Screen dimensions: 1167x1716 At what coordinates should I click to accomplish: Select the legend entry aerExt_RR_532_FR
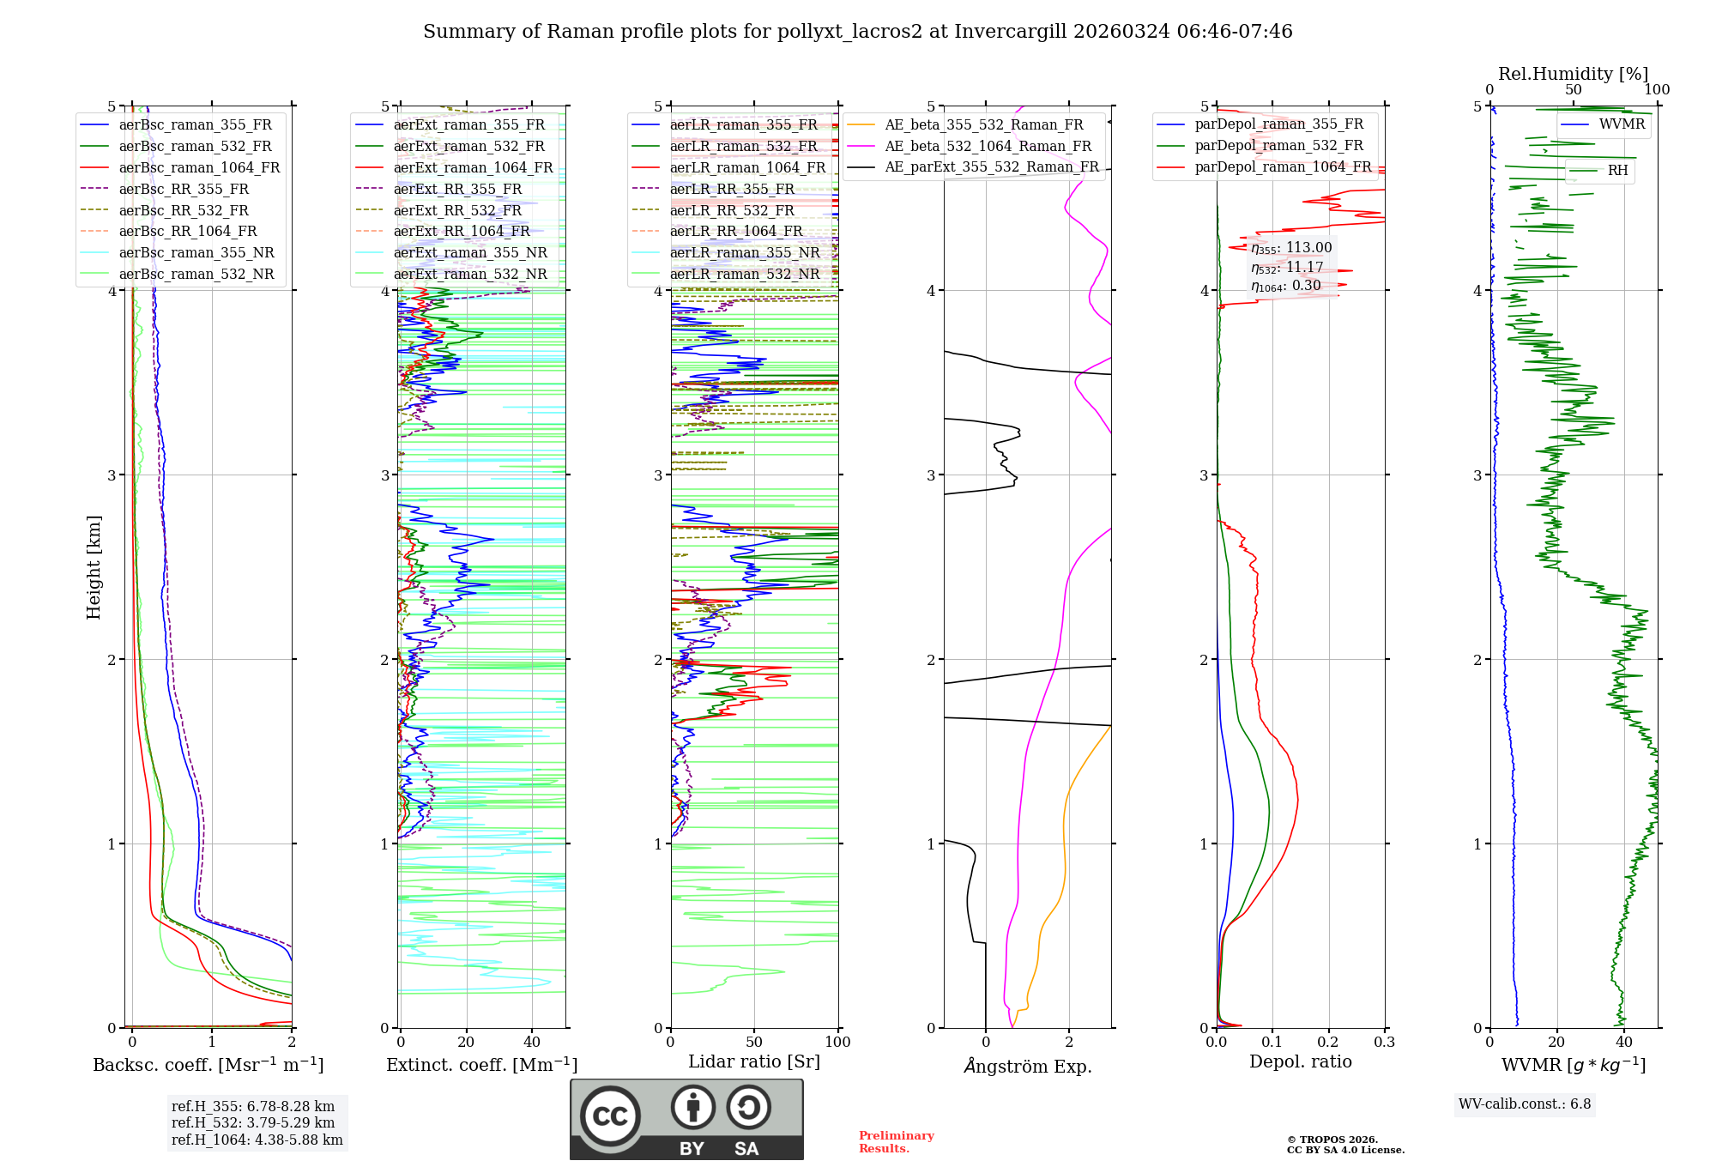pyautogui.click(x=457, y=210)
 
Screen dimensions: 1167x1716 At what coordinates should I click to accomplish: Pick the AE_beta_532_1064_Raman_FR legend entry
pyautogui.click(x=988, y=146)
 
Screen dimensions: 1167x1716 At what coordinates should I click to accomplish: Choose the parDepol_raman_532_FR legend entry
pyautogui.click(x=1278, y=146)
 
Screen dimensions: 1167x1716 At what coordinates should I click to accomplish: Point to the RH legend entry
pyautogui.click(x=1617, y=170)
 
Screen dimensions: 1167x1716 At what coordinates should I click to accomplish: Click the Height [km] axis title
pyautogui.click(x=94, y=567)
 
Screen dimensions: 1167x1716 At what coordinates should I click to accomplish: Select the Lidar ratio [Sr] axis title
pyautogui.click(x=754, y=1061)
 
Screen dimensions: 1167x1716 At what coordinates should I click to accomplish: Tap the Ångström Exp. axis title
pyautogui.click(x=1027, y=1066)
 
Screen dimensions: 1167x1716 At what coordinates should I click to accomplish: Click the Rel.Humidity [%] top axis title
pyautogui.click(x=1573, y=74)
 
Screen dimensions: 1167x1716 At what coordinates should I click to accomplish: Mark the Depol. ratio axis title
pyautogui.click(x=1300, y=1061)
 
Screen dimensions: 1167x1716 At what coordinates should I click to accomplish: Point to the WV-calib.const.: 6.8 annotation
pyautogui.click(x=1524, y=1104)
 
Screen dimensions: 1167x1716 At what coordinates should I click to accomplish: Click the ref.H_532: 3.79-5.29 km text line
pyautogui.click(x=253, y=1122)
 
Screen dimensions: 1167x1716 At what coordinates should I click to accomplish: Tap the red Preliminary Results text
pyautogui.click(x=896, y=1142)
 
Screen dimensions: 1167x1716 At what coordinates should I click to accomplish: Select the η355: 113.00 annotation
pyautogui.click(x=1291, y=248)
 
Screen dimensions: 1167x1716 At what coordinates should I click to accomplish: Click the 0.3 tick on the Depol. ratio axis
pyautogui.click(x=1384, y=1042)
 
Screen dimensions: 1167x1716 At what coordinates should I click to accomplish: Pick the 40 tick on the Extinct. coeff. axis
pyautogui.click(x=532, y=1042)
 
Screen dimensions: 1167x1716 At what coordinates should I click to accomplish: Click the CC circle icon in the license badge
pyautogui.click(x=610, y=1116)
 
